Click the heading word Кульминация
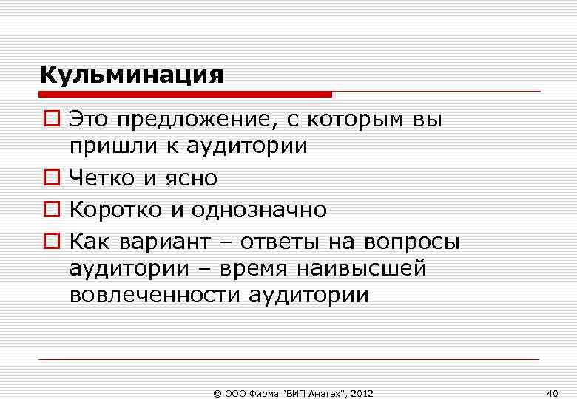pyautogui.click(x=132, y=75)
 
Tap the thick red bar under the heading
pyautogui.click(x=186, y=95)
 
